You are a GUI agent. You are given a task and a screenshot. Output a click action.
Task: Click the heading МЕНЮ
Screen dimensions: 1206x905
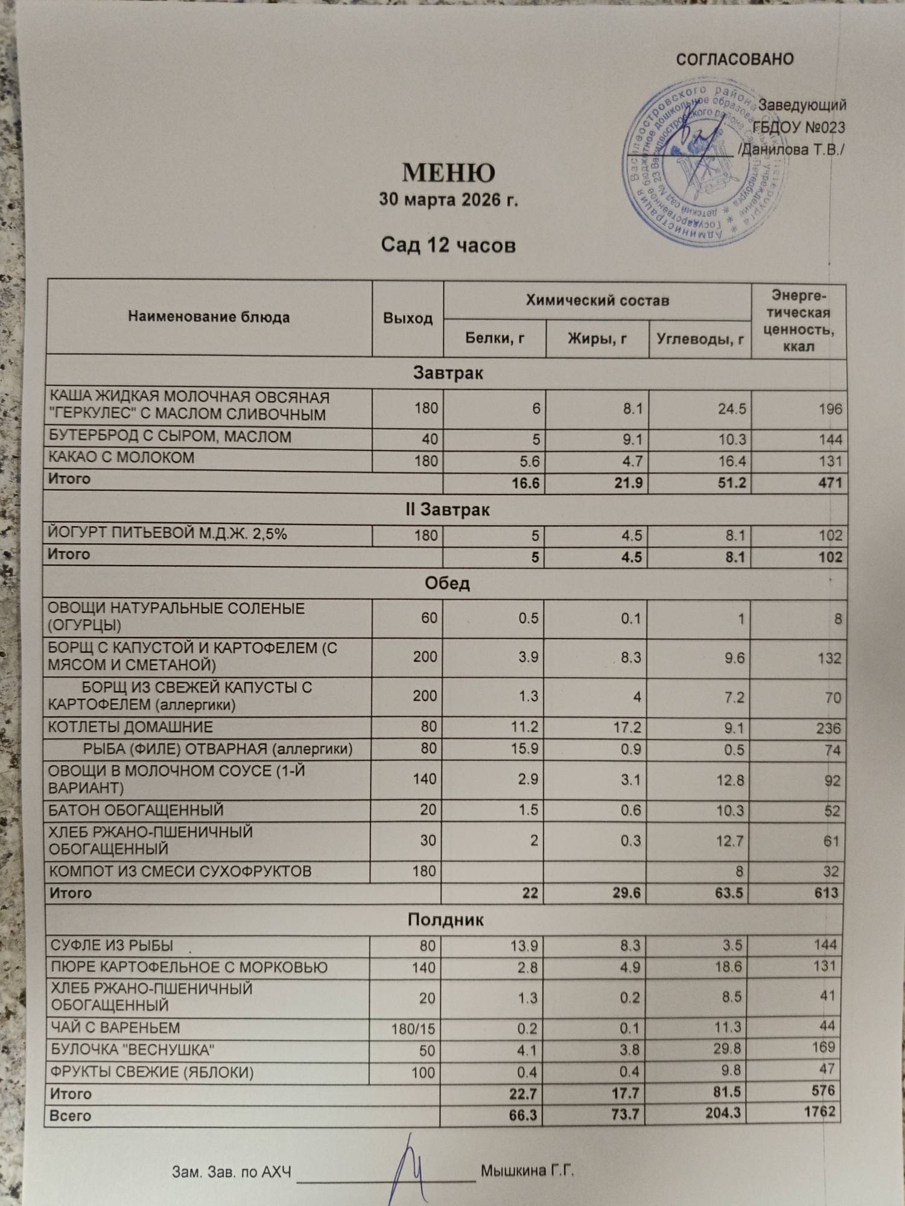(448, 173)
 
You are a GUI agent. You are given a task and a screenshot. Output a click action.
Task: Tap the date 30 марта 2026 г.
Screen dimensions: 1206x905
(448, 200)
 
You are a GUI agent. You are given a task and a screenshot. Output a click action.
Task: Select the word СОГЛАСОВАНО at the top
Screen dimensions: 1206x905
(734, 60)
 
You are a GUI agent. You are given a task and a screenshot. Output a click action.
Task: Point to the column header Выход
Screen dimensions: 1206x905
(408, 318)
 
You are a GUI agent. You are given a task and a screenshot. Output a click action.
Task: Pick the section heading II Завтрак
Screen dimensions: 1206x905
(447, 510)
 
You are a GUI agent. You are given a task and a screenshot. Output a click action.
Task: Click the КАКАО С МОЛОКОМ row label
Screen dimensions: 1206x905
(121, 458)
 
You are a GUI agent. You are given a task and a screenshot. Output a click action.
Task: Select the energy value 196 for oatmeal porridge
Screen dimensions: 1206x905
(830, 409)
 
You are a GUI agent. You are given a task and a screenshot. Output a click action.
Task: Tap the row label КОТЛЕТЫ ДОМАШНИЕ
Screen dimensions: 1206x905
(130, 727)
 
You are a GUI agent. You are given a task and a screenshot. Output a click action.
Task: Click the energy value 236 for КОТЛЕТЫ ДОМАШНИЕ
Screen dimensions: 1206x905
(828, 728)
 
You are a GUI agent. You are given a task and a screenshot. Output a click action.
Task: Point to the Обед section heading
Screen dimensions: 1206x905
(447, 584)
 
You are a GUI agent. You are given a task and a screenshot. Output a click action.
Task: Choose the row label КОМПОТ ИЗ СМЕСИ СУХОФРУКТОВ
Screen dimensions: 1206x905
(180, 871)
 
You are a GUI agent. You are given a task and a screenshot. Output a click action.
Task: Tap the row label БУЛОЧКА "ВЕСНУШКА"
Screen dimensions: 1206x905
(132, 1050)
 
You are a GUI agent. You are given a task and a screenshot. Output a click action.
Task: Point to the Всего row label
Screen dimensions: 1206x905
(70, 1116)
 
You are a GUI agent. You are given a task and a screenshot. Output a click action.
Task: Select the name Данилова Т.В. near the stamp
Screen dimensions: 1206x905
(792, 150)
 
